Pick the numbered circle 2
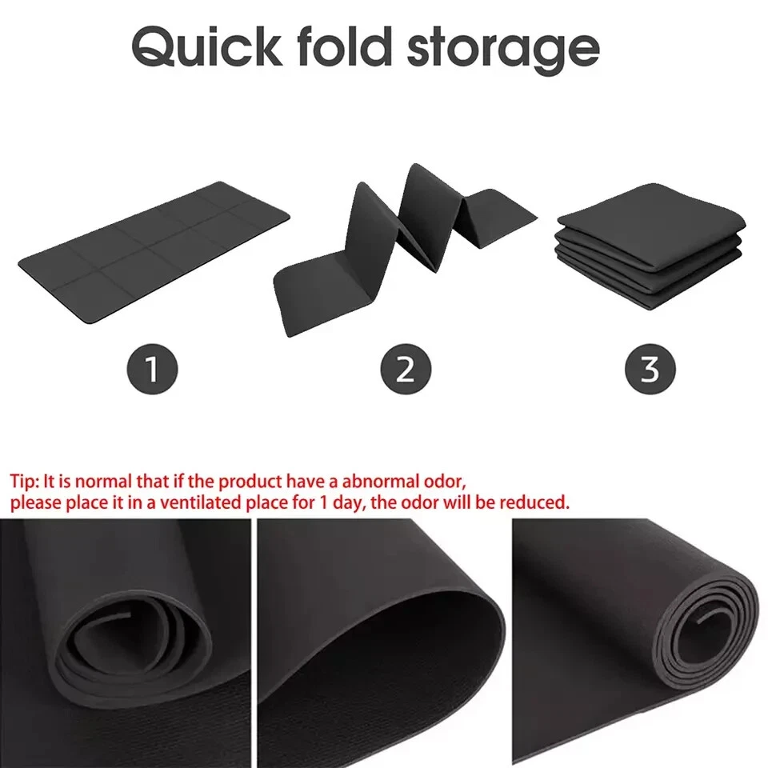pyautogui.click(x=406, y=369)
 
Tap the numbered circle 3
pyautogui.click(x=650, y=369)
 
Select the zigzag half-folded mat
pyautogui.click(x=400, y=240)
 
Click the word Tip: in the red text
pyautogui.click(x=24, y=482)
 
